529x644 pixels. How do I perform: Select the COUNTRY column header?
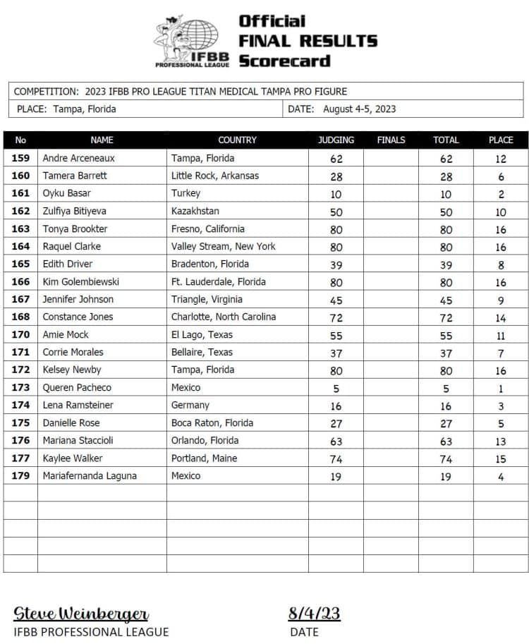237,140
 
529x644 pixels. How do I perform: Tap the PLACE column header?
501,140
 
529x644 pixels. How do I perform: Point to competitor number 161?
20,193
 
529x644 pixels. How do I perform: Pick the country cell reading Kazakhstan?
195,211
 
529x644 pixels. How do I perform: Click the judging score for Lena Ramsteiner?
336,406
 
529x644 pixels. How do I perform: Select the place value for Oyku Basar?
501,194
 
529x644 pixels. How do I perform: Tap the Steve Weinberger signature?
81,613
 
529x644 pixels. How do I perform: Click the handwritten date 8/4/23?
314,613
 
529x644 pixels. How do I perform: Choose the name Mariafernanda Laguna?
90,476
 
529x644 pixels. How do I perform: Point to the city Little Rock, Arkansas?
215,176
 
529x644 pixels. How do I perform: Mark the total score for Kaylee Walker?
446,458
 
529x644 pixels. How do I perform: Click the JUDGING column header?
336,140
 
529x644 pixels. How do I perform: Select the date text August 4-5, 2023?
359,109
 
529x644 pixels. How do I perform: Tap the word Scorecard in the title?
284,61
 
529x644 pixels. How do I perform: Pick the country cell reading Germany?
190,405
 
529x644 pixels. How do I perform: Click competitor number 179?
20,476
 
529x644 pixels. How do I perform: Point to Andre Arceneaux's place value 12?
501,159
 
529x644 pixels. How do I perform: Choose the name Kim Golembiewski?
80,281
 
